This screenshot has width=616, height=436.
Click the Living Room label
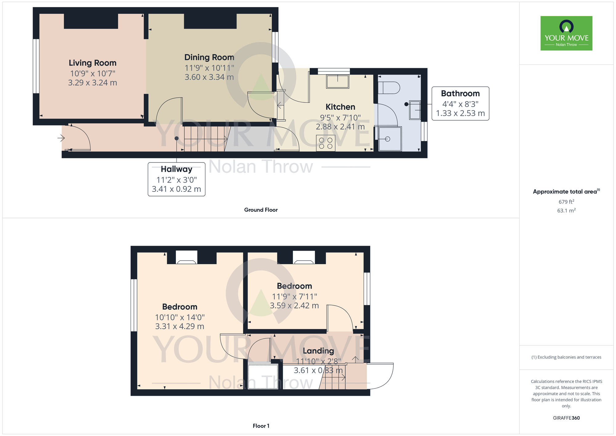click(x=92, y=63)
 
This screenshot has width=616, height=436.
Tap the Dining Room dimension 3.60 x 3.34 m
click(x=209, y=77)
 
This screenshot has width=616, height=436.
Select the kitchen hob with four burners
click(x=326, y=143)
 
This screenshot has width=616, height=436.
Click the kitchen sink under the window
click(x=338, y=82)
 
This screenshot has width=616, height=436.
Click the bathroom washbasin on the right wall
click(x=415, y=110)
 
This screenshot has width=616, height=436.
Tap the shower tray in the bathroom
click(x=390, y=139)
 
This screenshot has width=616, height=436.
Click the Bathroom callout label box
click(x=460, y=103)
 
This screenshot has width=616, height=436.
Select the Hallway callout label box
click(x=176, y=179)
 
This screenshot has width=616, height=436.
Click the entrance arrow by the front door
click(x=61, y=138)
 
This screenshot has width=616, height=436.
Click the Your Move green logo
click(x=566, y=33)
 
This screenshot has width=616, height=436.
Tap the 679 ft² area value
click(x=566, y=202)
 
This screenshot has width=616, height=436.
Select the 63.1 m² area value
click(x=566, y=211)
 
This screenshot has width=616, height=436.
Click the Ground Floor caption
click(x=261, y=210)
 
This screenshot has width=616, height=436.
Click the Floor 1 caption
click(x=261, y=426)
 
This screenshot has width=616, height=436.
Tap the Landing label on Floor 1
click(x=318, y=351)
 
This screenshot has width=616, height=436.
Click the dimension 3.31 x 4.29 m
click(x=180, y=326)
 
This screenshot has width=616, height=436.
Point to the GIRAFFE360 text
click(x=566, y=418)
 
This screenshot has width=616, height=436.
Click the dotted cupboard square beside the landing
click(x=263, y=376)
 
